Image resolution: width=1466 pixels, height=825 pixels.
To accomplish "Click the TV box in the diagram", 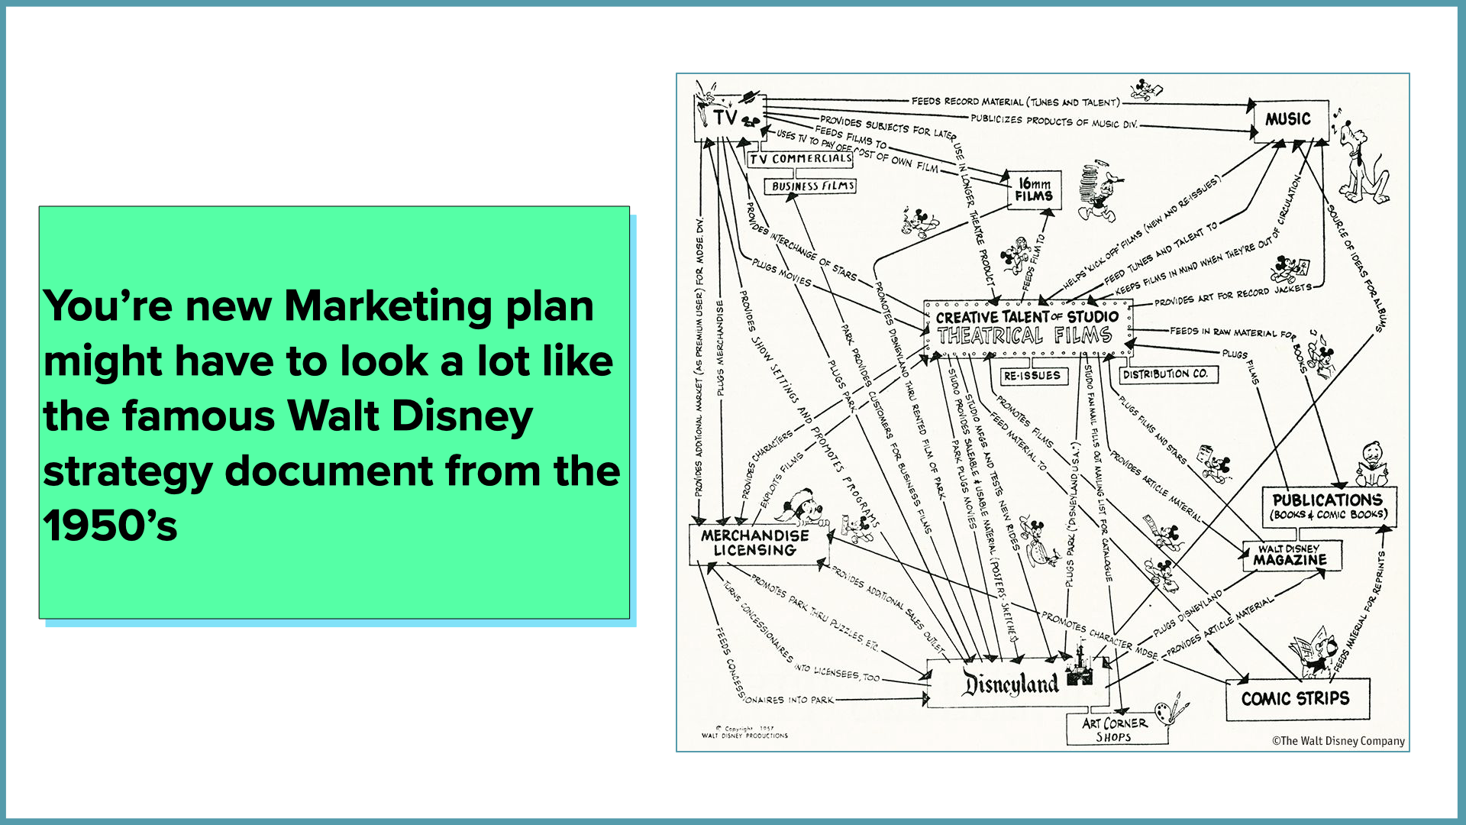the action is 726,118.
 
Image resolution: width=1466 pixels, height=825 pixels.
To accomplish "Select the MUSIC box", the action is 1290,120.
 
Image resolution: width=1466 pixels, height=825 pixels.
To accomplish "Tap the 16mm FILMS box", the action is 1034,190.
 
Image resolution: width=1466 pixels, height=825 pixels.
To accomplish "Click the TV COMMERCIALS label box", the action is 800,159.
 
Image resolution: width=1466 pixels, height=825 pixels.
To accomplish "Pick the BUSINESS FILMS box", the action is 812,186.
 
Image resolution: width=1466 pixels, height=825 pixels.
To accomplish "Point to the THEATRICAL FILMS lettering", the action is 1024,336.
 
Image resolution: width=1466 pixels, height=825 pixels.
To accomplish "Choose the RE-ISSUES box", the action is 1032,376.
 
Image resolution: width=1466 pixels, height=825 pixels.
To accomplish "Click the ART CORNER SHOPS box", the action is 1115,730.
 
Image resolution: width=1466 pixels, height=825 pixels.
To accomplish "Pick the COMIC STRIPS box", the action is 1295,698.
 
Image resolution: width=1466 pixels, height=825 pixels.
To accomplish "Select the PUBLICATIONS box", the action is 1327,506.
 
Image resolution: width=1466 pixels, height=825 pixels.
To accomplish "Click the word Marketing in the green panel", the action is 389,306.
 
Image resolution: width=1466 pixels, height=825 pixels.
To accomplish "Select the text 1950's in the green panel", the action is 110,526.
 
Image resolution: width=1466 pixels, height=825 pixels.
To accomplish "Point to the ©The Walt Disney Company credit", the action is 1338,741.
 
